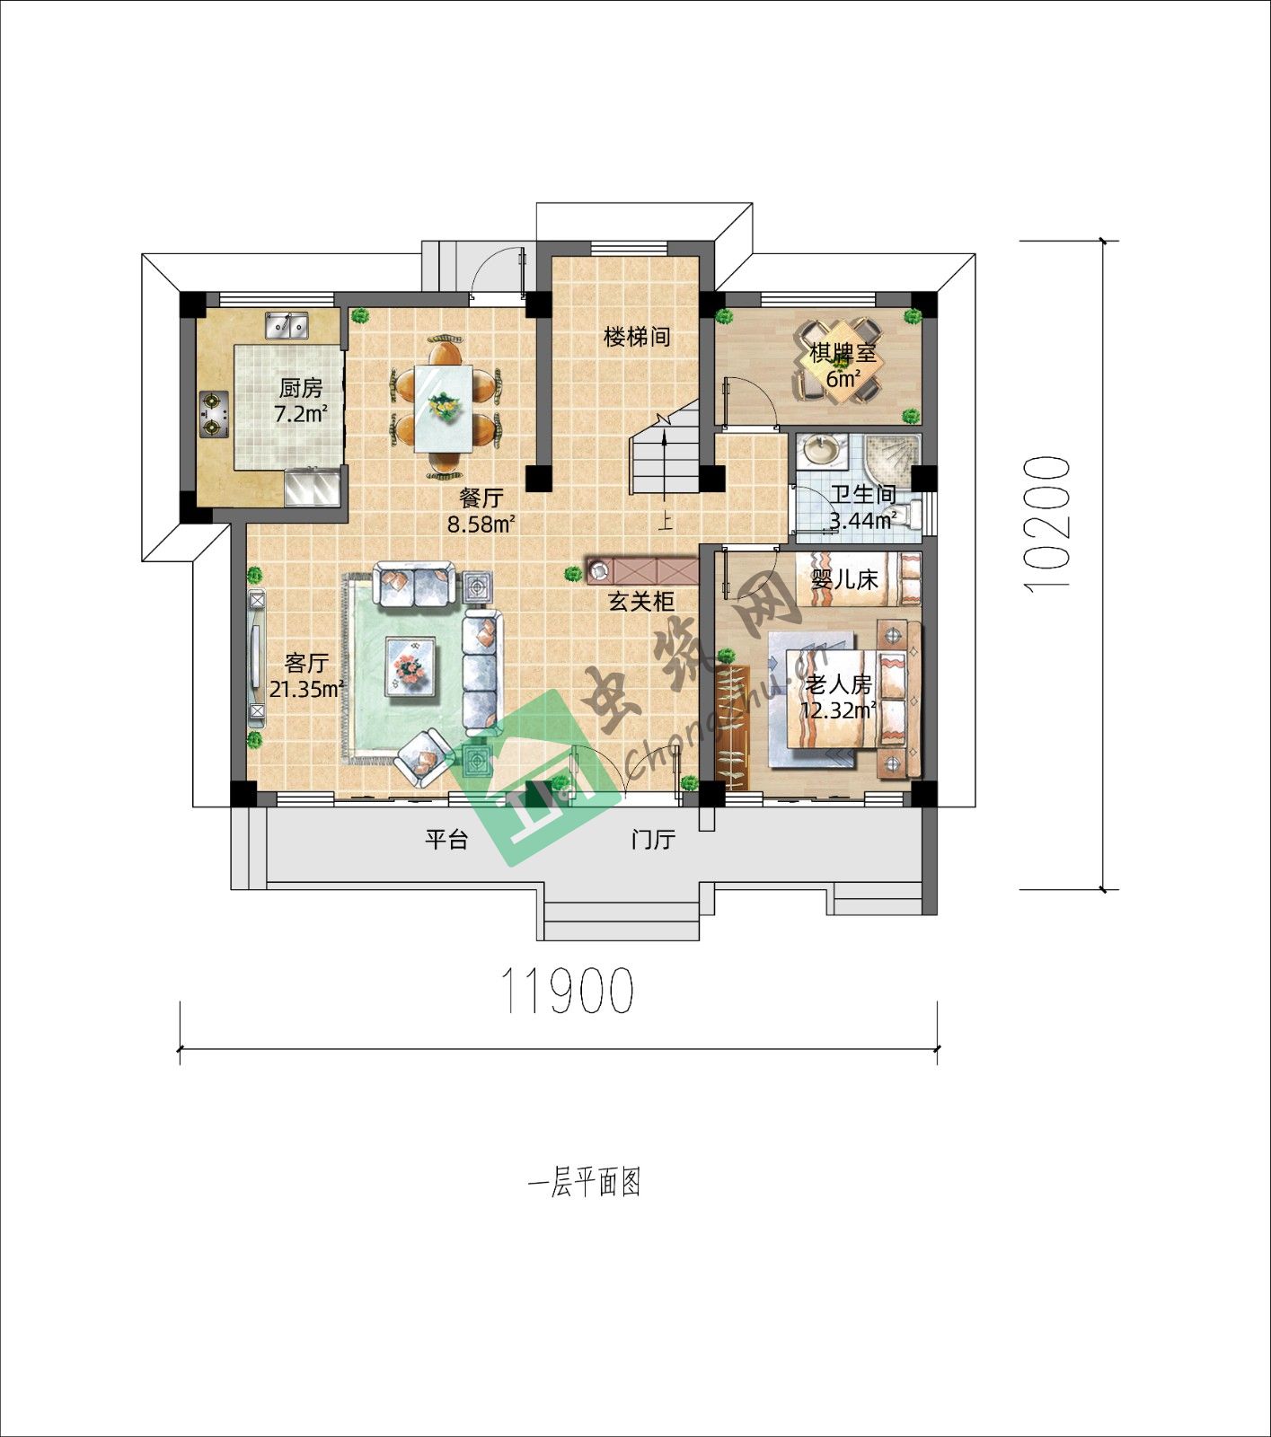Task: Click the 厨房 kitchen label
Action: [x=300, y=389]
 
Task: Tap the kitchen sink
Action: [x=287, y=326]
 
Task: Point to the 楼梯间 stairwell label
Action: [x=637, y=338]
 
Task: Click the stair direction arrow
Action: [x=664, y=465]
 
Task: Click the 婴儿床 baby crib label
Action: [x=844, y=579]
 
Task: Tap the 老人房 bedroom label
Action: [x=838, y=685]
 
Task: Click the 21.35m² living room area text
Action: [x=307, y=689]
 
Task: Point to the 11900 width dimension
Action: [x=567, y=991]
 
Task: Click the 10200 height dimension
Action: [x=1046, y=523]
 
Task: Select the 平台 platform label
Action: [x=446, y=840]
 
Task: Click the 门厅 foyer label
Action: [x=653, y=841]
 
